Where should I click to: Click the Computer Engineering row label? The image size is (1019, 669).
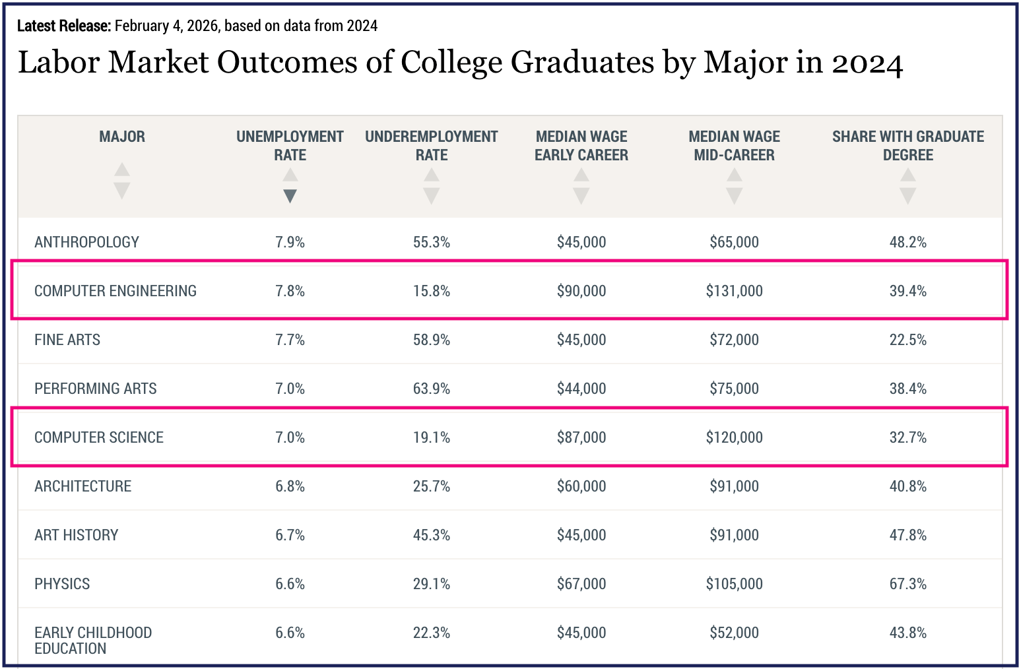(x=115, y=291)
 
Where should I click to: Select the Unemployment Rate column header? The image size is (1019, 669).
(x=290, y=146)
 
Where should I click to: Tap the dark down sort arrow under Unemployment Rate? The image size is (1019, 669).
(x=290, y=196)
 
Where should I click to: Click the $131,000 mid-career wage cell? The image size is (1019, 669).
(x=734, y=291)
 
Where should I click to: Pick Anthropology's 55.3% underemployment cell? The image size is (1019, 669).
(x=432, y=242)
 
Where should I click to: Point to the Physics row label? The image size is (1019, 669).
(x=62, y=584)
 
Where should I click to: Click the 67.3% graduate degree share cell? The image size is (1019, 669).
(x=907, y=584)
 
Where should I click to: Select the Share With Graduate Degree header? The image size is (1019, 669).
(x=907, y=146)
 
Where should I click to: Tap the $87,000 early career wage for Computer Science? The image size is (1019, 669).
(x=581, y=437)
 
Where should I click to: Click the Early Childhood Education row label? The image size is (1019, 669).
(x=93, y=641)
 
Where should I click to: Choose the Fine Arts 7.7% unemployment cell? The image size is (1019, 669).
(x=290, y=340)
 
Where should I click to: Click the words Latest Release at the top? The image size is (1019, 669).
(x=64, y=26)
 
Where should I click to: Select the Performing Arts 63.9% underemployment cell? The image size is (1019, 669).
(x=432, y=389)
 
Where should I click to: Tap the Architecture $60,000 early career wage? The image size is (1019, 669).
(x=581, y=486)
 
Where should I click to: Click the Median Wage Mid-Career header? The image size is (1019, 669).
(x=734, y=146)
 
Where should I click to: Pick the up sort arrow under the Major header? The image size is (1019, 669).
(x=122, y=170)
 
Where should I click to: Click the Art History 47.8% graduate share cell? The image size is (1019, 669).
(x=907, y=535)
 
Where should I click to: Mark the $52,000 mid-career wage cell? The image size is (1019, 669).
(x=734, y=633)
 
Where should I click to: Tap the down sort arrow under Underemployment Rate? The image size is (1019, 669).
(x=432, y=196)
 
